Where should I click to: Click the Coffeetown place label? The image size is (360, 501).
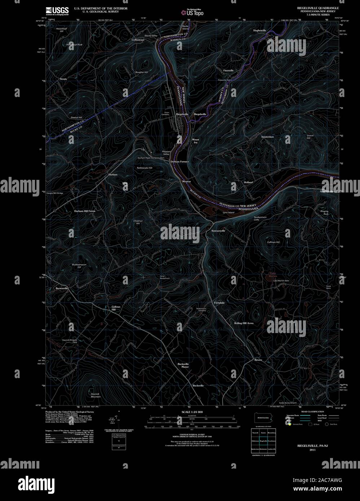click(x=138, y=40)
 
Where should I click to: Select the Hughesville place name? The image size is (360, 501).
click(x=260, y=31)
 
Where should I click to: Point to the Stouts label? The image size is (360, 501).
click(x=63, y=78)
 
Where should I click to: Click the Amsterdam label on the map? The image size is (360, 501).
click(x=267, y=137)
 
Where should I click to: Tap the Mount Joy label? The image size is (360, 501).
click(x=196, y=141)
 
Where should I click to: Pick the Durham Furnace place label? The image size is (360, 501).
click(x=180, y=161)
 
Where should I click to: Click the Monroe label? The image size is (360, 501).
click(x=186, y=181)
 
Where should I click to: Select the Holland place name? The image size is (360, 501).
click(x=248, y=182)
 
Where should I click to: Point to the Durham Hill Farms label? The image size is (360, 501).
click(x=85, y=211)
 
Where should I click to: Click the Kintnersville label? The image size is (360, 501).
click(x=218, y=230)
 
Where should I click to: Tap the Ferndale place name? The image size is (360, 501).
click(x=219, y=303)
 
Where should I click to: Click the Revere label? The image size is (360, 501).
click(x=258, y=360)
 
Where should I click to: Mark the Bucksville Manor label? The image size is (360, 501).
click(x=183, y=365)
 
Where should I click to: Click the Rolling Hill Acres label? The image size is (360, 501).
click(x=243, y=323)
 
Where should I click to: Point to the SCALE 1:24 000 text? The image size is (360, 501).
click(x=192, y=412)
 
